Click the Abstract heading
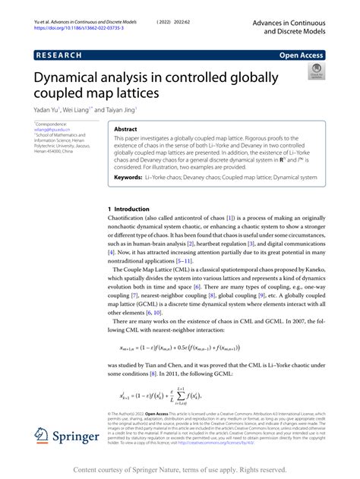(x=125, y=130)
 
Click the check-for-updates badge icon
(x=314, y=74)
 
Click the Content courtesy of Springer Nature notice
(x=179, y=469)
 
